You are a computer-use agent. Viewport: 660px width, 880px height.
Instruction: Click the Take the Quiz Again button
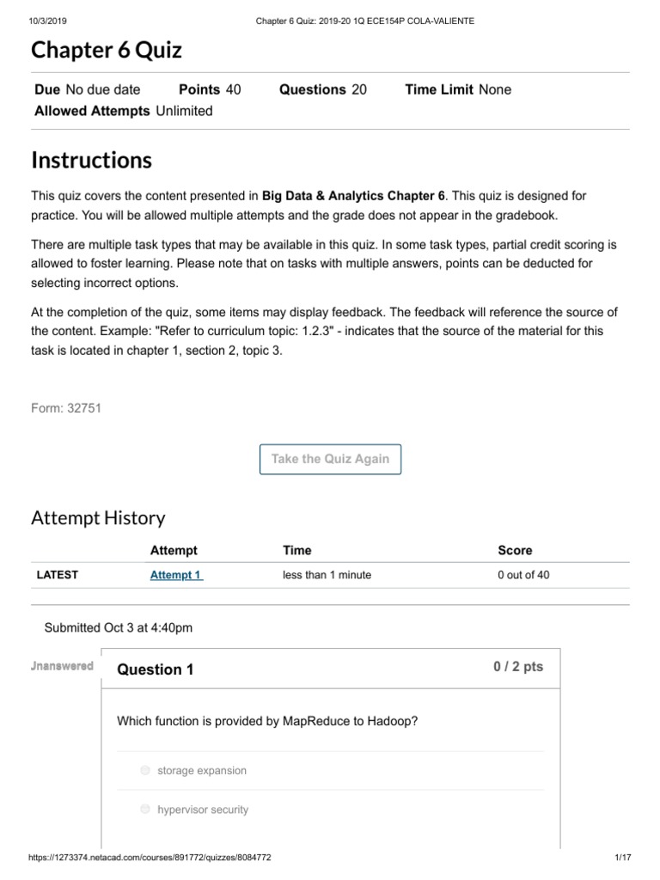pyautogui.click(x=330, y=459)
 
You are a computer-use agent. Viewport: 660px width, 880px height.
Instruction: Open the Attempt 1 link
pyautogui.click(x=176, y=575)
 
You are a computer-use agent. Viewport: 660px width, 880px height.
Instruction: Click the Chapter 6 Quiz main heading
pyautogui.click(x=107, y=51)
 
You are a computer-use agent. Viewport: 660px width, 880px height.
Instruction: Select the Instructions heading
pyautogui.click(x=91, y=161)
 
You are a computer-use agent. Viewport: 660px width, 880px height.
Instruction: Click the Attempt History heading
pyautogui.click(x=98, y=517)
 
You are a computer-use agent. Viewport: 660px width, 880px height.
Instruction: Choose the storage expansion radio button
pyautogui.click(x=145, y=771)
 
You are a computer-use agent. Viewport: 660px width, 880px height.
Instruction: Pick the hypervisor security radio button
pyautogui.click(x=145, y=810)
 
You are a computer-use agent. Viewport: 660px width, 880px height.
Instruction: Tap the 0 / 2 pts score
pyautogui.click(x=517, y=667)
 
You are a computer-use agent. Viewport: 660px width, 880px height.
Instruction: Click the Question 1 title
pyautogui.click(x=155, y=669)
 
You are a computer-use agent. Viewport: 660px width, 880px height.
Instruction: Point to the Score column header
pyautogui.click(x=515, y=550)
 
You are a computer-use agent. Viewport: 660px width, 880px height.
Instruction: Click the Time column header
pyautogui.click(x=296, y=550)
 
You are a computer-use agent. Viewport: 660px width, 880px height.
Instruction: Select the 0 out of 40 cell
pyautogui.click(x=522, y=575)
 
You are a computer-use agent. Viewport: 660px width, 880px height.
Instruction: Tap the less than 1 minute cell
pyautogui.click(x=327, y=575)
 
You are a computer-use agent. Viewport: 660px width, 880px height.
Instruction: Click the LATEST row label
pyautogui.click(x=57, y=575)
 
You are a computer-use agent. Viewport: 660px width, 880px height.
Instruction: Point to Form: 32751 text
pyautogui.click(x=66, y=408)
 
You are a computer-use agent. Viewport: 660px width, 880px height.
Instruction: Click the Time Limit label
pyautogui.click(x=438, y=89)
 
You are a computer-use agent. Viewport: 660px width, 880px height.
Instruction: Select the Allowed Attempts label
pyautogui.click(x=92, y=111)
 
